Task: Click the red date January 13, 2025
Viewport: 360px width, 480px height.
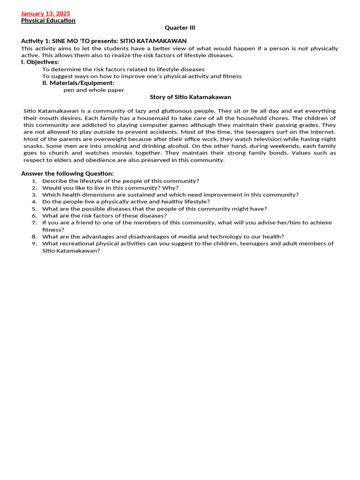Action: (x=45, y=14)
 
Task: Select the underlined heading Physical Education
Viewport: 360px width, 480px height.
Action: (x=48, y=21)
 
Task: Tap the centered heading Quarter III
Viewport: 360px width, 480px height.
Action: (x=180, y=28)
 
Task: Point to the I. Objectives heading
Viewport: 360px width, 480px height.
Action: (x=40, y=62)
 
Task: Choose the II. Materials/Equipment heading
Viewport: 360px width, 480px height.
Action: (x=78, y=83)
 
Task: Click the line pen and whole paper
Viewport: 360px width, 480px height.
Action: (x=94, y=90)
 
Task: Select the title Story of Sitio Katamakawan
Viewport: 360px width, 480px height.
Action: (x=190, y=97)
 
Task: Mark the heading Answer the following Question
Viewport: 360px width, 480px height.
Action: (x=67, y=174)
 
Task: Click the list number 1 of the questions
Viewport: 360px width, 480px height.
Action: (x=34, y=181)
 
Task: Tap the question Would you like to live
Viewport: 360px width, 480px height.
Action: (x=110, y=188)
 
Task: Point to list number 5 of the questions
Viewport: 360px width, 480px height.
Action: (x=34, y=209)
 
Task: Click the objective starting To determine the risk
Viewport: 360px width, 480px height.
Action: (x=123, y=69)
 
